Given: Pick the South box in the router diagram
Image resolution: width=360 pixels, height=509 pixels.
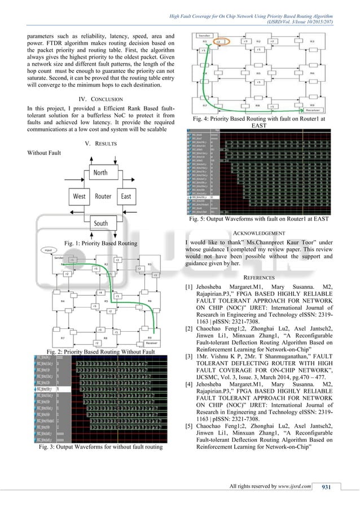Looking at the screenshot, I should pos(102,223).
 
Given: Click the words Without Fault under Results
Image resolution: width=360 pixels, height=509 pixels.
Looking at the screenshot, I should pos(45,153).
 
